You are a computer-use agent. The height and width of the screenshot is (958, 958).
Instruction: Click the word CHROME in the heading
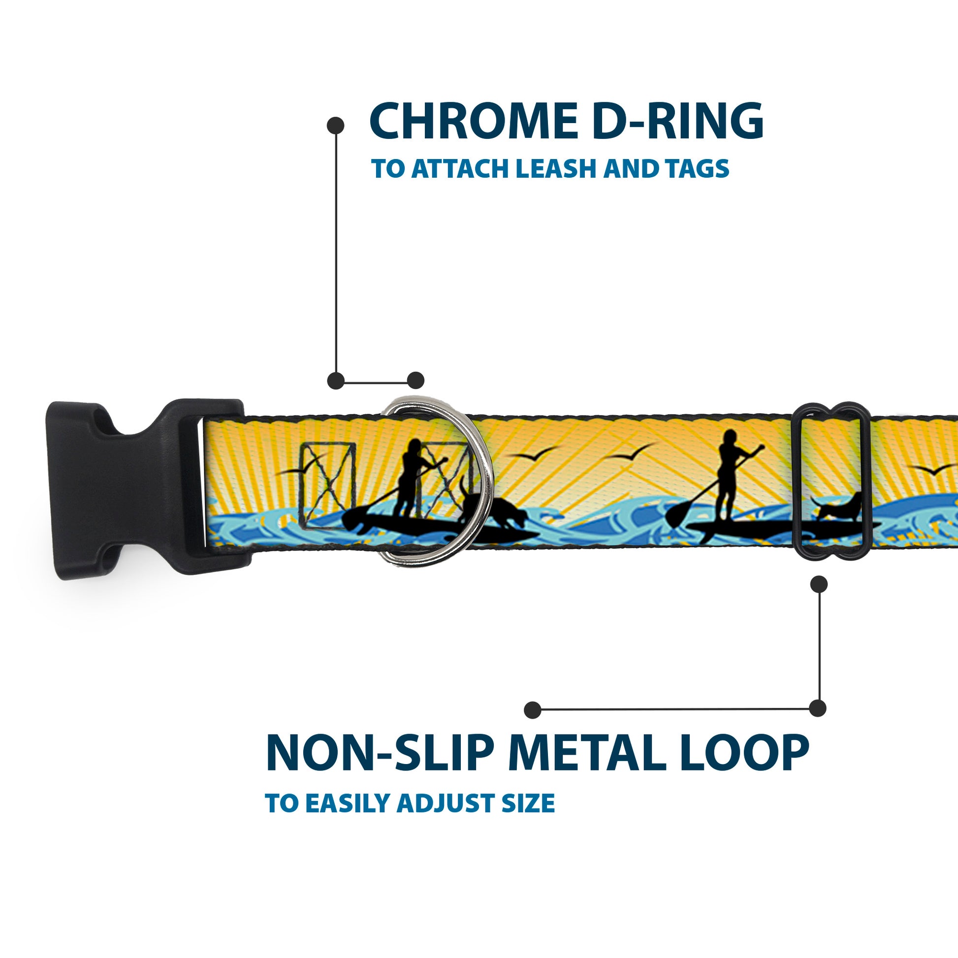(x=473, y=122)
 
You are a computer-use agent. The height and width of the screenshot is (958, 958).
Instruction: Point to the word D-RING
(x=677, y=122)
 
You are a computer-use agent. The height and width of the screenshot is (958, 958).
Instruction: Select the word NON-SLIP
(x=380, y=754)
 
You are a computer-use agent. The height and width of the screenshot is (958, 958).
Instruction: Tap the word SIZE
(x=528, y=803)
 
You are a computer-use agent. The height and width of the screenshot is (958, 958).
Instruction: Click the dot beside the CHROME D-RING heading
(x=336, y=126)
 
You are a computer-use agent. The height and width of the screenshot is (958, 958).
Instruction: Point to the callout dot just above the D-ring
(x=415, y=381)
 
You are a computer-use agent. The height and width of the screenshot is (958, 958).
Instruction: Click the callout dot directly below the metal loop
(x=819, y=585)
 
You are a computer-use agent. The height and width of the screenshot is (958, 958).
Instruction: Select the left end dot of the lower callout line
(x=533, y=710)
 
